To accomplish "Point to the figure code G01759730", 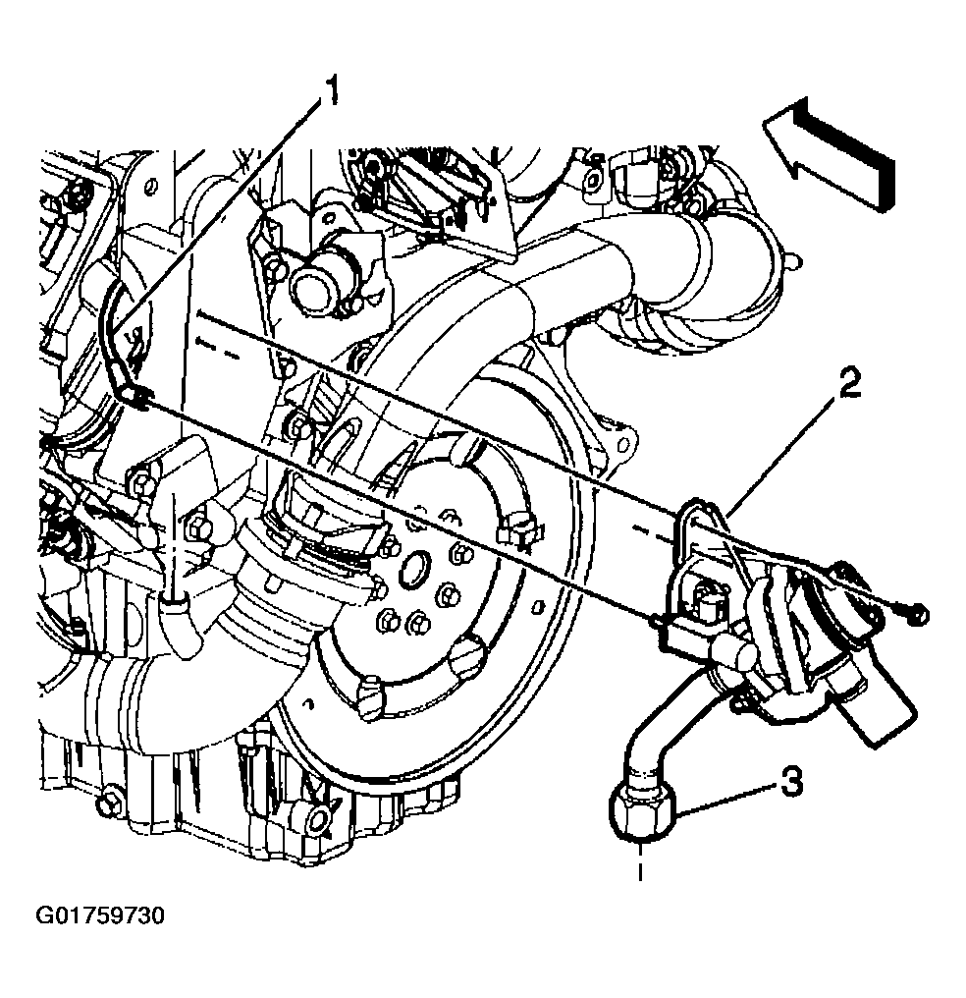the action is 100,915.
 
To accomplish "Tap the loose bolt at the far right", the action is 918,615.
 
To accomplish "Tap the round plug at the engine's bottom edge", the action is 317,821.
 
